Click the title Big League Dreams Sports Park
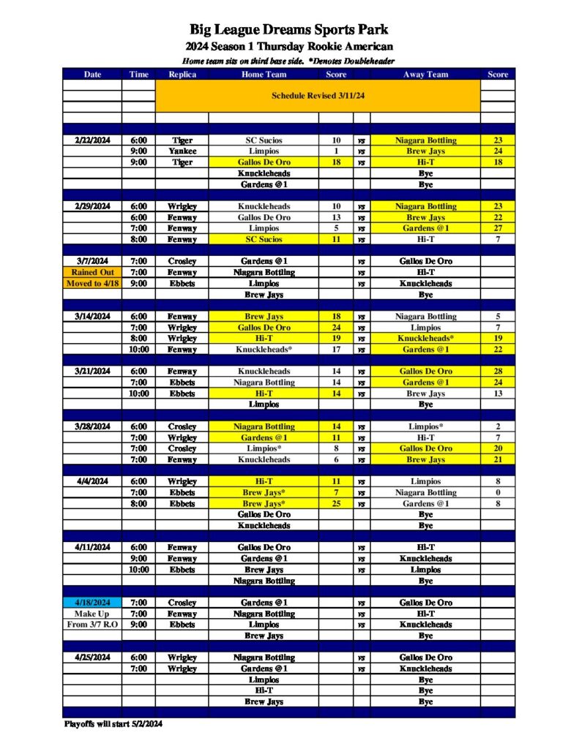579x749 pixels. pyautogui.click(x=289, y=30)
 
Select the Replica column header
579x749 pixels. pyautogui.click(x=182, y=74)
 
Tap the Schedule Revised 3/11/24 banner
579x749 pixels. pyautogui.click(x=318, y=96)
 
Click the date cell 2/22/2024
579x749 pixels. pyautogui.click(x=92, y=140)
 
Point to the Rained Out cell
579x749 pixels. pyautogui.click(x=92, y=272)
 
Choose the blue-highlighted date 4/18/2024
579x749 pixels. pyautogui.click(x=92, y=603)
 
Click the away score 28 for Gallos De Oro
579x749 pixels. pyautogui.click(x=498, y=372)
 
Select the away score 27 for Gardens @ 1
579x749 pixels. pyautogui.click(x=498, y=228)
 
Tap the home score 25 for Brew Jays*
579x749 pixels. pyautogui.click(x=336, y=503)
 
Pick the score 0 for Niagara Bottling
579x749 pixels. pyautogui.click(x=498, y=492)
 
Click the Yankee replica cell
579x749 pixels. pyautogui.click(x=182, y=151)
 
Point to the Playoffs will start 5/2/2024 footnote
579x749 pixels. pyautogui.click(x=113, y=724)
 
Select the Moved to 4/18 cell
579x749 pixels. pyautogui.click(x=92, y=283)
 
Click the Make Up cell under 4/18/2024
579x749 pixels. pyautogui.click(x=92, y=614)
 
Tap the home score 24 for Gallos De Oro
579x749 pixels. pyautogui.click(x=336, y=328)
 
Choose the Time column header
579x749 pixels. pyautogui.click(x=138, y=74)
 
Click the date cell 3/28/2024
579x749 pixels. pyautogui.click(x=92, y=426)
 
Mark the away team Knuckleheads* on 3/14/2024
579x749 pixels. pyautogui.click(x=425, y=339)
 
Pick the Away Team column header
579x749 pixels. pyautogui.click(x=425, y=74)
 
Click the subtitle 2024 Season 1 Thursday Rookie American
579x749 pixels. pyautogui.click(x=289, y=46)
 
